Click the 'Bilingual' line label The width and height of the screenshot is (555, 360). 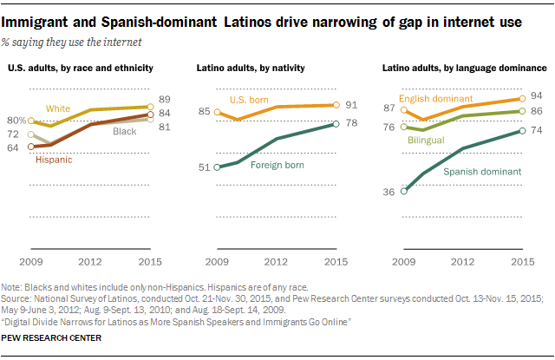(426, 140)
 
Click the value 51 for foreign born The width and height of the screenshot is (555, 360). (205, 167)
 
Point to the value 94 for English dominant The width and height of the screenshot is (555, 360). (536, 95)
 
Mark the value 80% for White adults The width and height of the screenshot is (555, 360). (16, 121)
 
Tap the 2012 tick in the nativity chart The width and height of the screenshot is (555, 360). (276, 261)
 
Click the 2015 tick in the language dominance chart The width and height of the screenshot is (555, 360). (521, 261)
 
